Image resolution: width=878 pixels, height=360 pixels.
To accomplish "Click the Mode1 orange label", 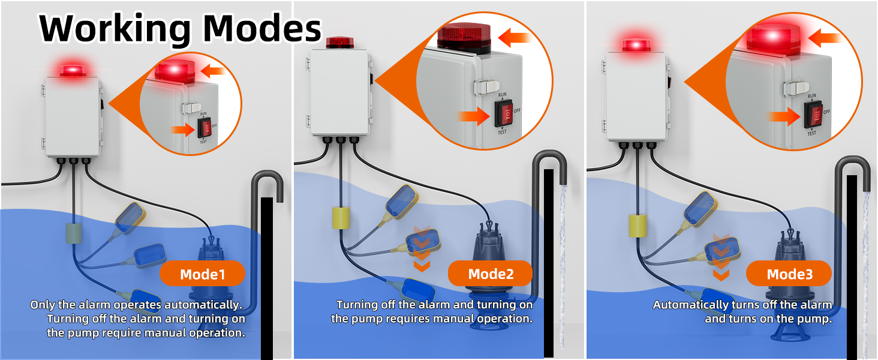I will point(202,274).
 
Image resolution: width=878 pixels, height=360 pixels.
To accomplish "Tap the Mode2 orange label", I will point(490,274).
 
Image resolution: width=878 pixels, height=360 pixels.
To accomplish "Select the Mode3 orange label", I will point(789,274).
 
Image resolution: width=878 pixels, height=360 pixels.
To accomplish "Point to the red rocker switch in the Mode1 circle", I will point(206,128).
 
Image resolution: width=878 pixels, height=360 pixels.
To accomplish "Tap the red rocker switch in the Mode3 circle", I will point(813,114).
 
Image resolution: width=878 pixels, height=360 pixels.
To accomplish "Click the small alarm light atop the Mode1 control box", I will point(73,70).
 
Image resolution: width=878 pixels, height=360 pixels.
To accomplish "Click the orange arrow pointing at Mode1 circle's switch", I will point(182,128).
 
